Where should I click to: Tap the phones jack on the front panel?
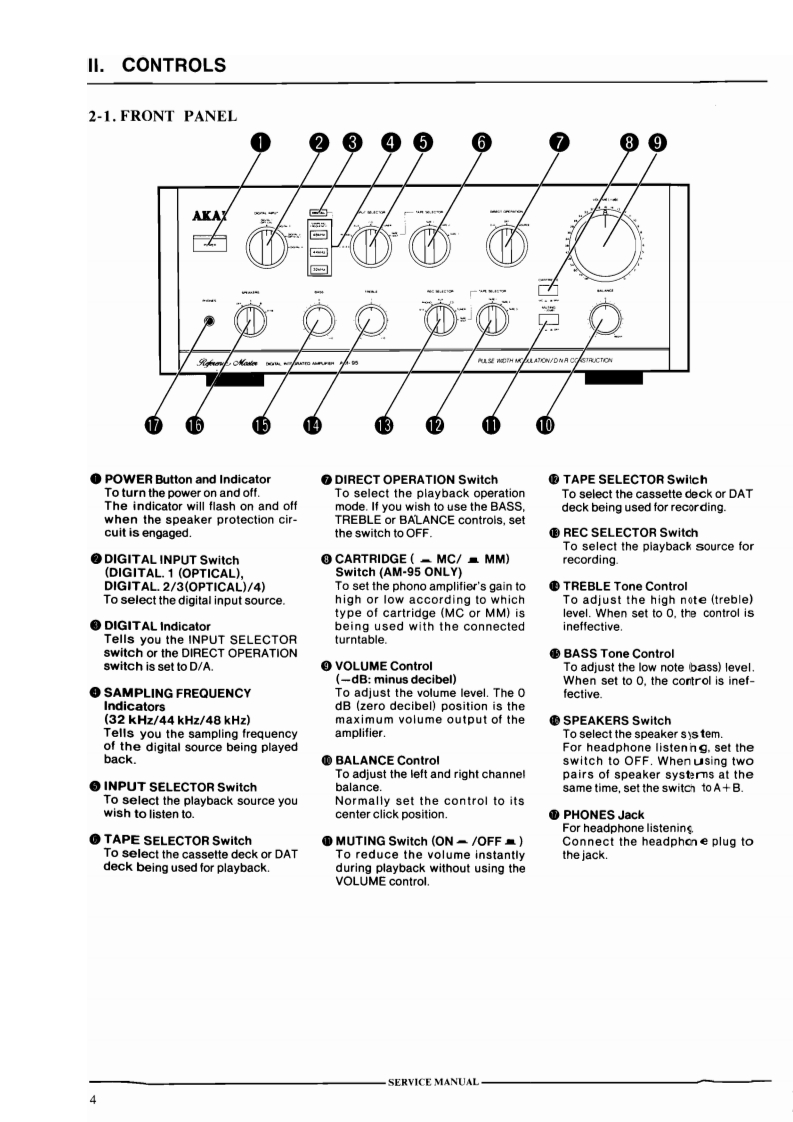(209, 322)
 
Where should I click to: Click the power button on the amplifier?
(209, 243)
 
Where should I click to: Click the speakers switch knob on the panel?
(247, 320)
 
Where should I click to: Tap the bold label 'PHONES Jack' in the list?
(604, 815)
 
